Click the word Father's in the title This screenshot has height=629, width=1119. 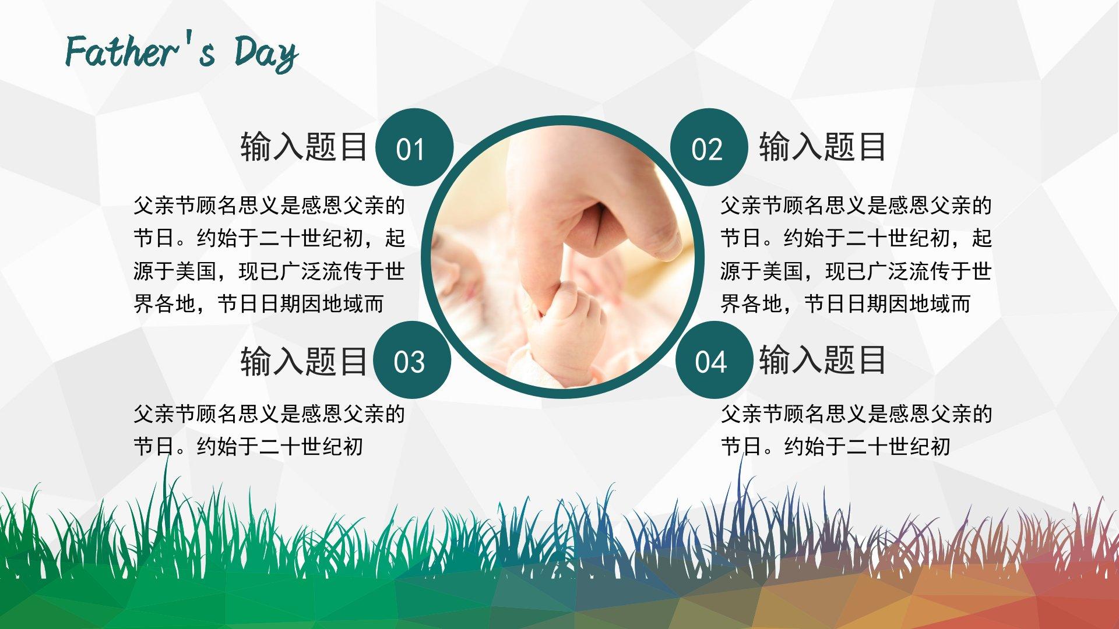[140, 51]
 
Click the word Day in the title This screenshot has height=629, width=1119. [266, 53]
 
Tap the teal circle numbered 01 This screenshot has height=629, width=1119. [414, 147]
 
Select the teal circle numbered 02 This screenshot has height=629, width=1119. [709, 147]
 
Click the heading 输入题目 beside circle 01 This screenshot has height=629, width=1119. [304, 146]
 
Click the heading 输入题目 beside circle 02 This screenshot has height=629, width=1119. [822, 146]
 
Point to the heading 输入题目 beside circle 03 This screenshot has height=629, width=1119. [304, 361]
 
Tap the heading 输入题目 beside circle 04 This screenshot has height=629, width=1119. [822, 359]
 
